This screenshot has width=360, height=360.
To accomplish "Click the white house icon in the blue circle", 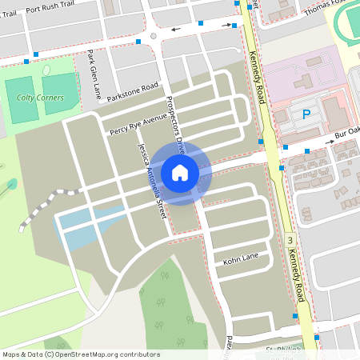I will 179,172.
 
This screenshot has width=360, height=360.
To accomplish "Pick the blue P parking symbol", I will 306,115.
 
